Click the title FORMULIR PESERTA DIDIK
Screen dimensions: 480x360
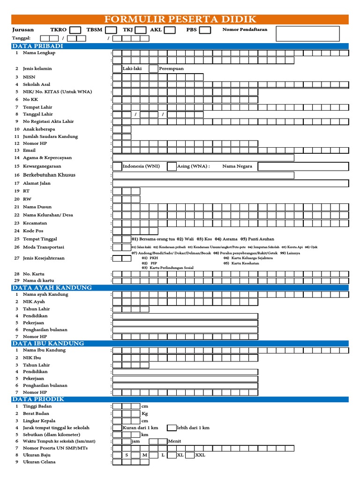tap(180, 19)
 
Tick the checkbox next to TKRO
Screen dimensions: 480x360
tap(75, 30)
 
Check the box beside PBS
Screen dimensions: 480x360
tap(205, 30)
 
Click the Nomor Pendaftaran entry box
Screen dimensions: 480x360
tap(307, 33)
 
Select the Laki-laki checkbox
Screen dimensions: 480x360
tap(117, 68)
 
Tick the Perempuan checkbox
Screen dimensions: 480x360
tap(153, 68)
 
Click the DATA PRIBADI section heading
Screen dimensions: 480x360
tap(37, 46)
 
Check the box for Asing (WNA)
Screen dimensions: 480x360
tap(172, 166)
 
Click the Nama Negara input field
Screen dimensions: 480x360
tap(303, 166)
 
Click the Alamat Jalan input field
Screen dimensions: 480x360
tap(231, 183)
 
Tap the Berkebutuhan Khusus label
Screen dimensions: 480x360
tap(49, 175)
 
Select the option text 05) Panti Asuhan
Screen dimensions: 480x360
tap(257, 239)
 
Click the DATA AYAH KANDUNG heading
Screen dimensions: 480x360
tap(52, 287)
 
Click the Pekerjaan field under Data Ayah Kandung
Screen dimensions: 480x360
tap(185, 323)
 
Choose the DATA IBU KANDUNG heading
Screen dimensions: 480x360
tap(48, 343)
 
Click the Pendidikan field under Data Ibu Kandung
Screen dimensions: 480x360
tap(185, 372)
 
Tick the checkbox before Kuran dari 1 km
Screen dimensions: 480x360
tap(117, 427)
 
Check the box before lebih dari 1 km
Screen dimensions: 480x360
tap(172, 427)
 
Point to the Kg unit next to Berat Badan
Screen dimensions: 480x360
tap(144, 414)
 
